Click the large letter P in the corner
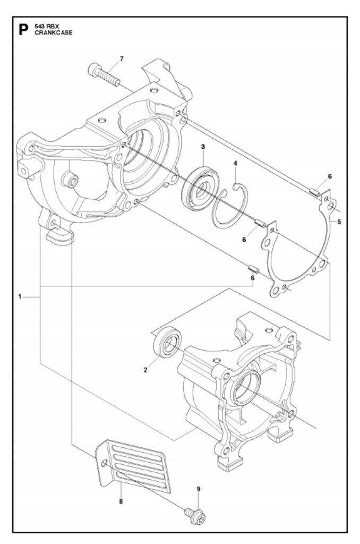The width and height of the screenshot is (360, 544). (23, 30)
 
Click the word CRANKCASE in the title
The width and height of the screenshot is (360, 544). (54, 33)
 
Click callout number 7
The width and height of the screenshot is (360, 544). (122, 58)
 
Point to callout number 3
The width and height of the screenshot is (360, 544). (203, 147)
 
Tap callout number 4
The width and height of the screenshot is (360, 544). (236, 163)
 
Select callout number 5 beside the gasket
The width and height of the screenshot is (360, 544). (339, 222)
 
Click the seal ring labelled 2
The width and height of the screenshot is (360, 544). (167, 342)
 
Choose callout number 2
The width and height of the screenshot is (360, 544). (145, 370)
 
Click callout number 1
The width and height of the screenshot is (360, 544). (20, 296)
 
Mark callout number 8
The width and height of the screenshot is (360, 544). (121, 501)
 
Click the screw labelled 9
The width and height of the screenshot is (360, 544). (195, 516)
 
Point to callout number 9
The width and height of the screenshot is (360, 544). (199, 489)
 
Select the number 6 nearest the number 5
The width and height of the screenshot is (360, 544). (330, 176)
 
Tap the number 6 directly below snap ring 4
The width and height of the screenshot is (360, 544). (244, 240)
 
